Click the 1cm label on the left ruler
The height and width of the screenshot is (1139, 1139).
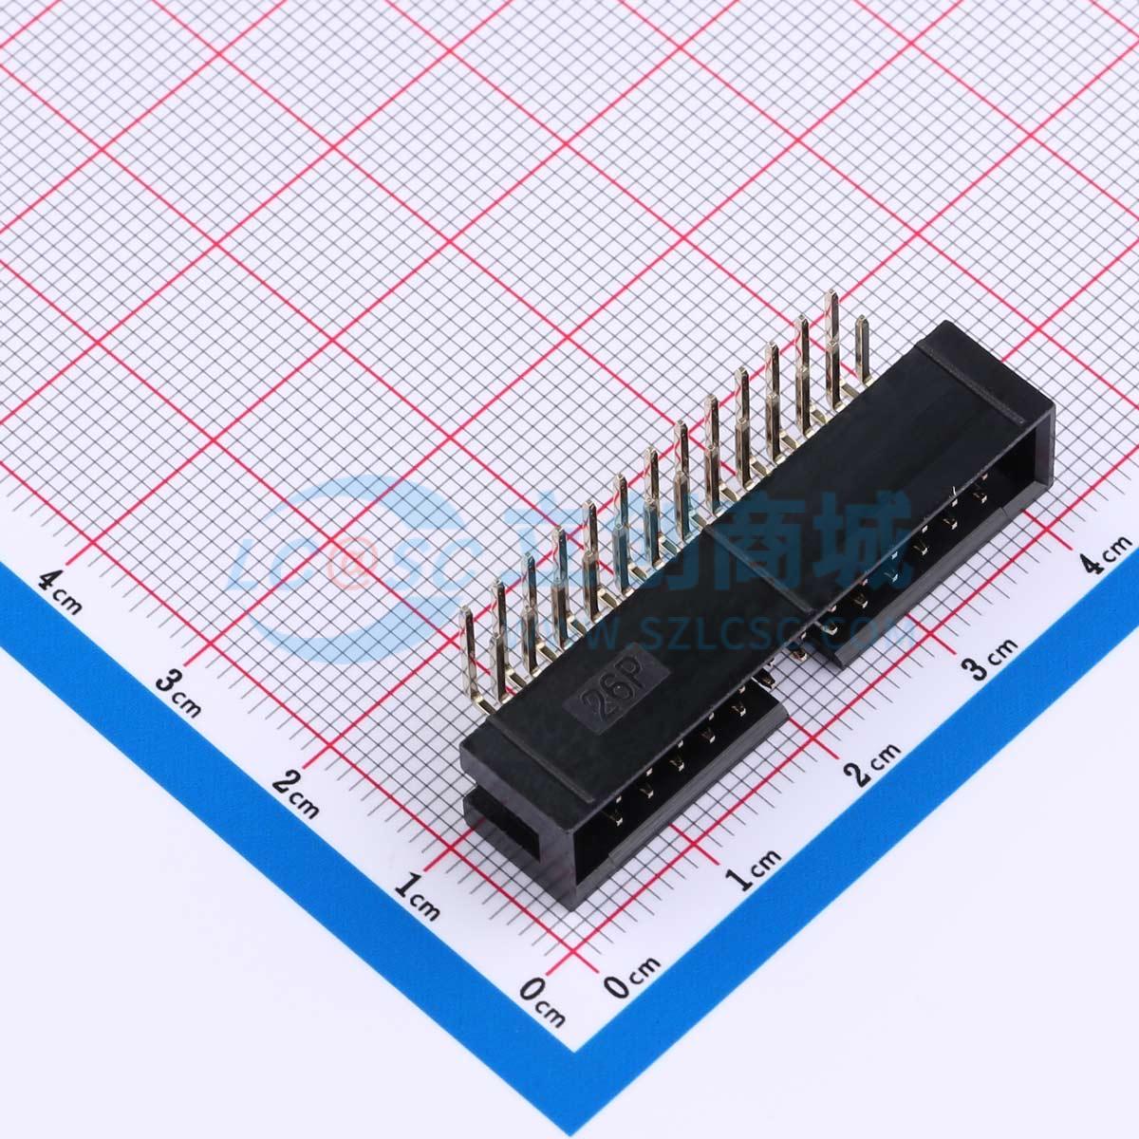click(417, 897)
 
